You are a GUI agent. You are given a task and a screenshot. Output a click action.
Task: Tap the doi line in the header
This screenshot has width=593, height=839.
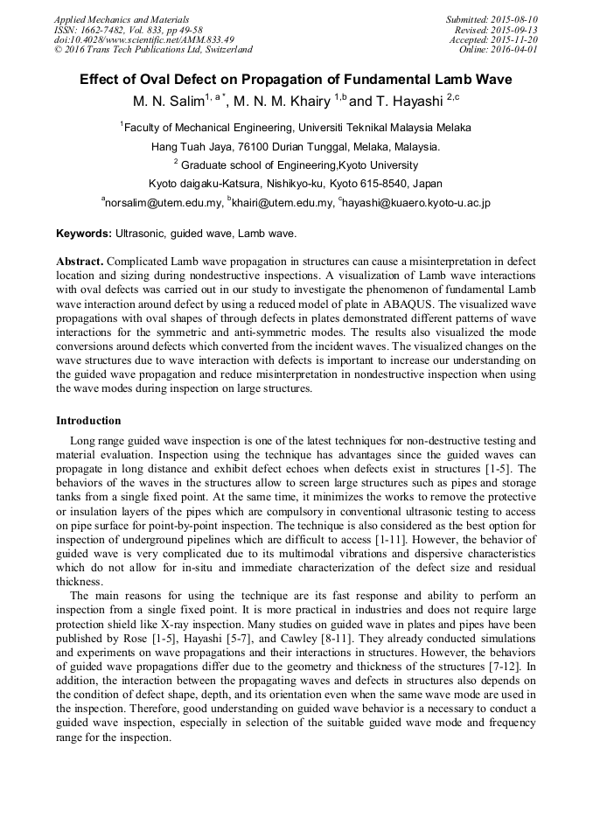[144, 39]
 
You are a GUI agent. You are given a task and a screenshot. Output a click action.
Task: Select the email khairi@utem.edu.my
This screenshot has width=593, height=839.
[283, 203]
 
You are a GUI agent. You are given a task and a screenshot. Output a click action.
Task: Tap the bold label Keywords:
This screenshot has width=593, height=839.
[84, 234]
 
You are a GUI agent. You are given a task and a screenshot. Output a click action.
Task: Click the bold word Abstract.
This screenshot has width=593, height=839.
[80, 262]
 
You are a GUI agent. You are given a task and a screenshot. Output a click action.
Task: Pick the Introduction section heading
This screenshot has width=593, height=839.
[88, 421]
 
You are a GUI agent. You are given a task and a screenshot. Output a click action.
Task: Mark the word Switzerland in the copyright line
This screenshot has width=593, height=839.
[221, 50]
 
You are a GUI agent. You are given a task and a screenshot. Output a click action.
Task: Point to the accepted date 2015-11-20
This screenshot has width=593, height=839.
[514, 39]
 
